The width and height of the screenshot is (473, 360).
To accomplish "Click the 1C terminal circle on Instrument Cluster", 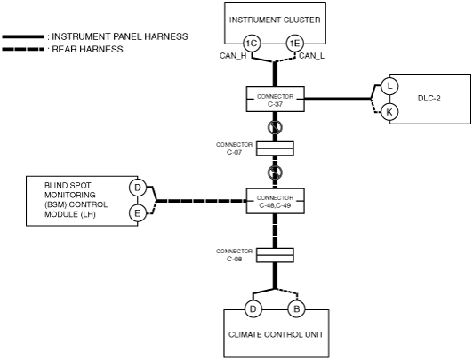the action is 252,44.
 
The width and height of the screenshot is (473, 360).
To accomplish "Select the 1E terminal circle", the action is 294,44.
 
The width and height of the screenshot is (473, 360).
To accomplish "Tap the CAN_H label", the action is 233,56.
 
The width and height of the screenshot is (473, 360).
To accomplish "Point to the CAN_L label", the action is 311,56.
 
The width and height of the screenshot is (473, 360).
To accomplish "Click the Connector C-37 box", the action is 275,100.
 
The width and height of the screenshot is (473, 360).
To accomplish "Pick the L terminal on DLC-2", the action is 389,86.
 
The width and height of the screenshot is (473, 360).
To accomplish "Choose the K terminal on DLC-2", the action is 389,112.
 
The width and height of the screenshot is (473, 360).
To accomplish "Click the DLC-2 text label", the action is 429,99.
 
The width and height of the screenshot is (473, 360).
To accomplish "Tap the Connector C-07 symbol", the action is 275,148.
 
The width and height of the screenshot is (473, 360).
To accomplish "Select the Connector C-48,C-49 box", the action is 275,201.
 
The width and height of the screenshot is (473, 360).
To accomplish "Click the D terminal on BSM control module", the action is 137,188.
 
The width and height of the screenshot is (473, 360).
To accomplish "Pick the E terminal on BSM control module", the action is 137,213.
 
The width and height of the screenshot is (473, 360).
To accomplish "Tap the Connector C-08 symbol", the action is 275,255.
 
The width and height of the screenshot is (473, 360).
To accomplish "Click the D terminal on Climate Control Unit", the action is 253,309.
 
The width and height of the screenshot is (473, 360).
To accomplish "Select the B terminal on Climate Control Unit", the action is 296,309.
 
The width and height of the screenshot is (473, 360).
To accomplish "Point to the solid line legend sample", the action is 23,36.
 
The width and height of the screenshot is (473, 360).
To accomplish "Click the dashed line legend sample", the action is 23,49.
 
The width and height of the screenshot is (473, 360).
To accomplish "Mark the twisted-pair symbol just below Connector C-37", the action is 275,127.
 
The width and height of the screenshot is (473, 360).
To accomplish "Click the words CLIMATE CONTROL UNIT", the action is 276,335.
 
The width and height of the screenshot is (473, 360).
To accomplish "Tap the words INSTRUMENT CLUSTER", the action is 275,20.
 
